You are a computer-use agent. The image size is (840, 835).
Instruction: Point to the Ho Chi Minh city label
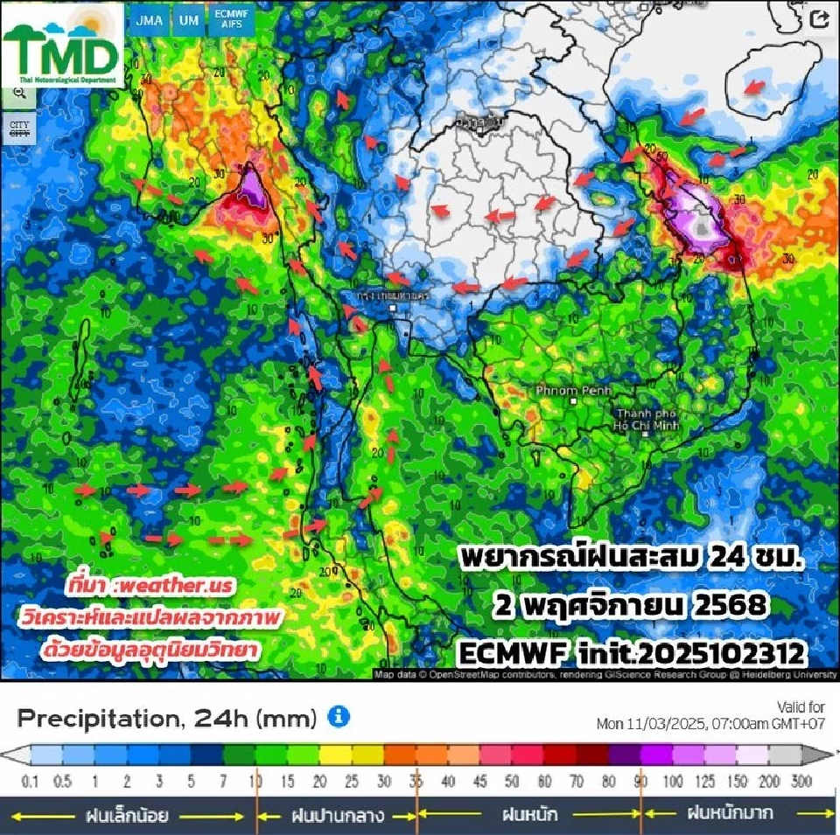coord(647,419)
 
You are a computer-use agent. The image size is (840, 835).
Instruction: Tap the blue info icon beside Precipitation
coord(339,718)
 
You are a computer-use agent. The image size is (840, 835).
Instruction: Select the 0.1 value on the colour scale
coord(31,781)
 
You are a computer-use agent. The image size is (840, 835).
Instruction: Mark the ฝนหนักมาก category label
coord(730,813)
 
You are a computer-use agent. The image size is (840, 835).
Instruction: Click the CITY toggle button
coord(19,128)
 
